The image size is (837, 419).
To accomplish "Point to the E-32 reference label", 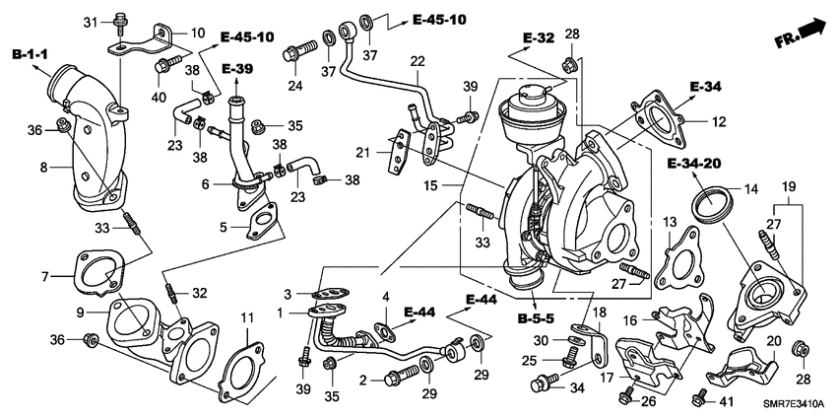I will [x=539, y=38].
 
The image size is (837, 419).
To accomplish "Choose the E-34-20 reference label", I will [x=695, y=162].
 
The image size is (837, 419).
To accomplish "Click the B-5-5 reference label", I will [x=535, y=318].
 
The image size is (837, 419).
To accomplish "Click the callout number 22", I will [x=418, y=61].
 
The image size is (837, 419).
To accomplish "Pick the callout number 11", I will [x=247, y=318].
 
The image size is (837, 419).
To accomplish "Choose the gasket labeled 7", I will [x=95, y=276].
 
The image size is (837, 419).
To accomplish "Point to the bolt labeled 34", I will [x=541, y=385].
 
